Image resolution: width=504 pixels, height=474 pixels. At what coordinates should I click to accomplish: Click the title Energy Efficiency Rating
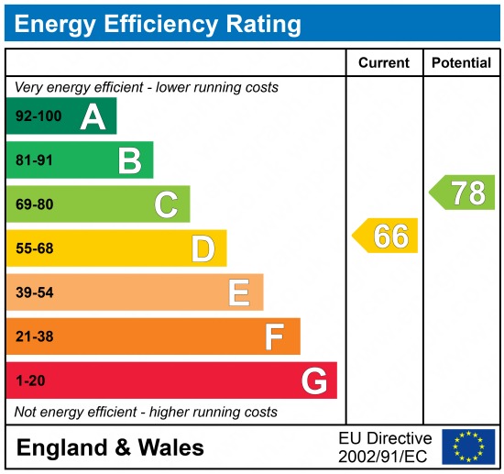pos(158,23)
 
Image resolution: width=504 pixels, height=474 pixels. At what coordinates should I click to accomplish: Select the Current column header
pos(383,63)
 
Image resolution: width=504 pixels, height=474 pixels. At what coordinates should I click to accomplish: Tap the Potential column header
pos(461,63)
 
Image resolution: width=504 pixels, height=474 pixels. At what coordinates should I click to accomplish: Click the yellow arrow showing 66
pos(386,236)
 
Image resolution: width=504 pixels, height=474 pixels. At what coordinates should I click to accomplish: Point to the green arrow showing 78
pos(463,193)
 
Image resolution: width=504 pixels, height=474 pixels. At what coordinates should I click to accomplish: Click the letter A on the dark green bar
pos(93,116)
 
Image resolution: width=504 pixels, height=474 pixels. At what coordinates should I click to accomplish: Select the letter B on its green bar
pos(129,160)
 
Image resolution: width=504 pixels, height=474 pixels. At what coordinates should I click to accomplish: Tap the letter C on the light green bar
pos(166,204)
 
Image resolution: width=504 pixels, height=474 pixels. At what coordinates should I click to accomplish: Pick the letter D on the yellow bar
pos(203,248)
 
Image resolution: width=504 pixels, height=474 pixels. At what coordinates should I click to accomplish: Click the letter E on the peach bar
pos(239,292)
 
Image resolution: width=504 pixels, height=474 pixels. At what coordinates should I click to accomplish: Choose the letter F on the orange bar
pos(275,336)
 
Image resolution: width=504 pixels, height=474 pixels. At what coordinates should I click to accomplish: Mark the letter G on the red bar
pos(313,380)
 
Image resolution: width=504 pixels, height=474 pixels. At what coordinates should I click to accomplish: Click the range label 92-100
pos(37,116)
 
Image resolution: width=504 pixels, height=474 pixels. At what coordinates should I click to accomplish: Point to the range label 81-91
pos(34,160)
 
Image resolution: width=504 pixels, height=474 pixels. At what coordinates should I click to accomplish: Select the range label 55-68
pos(34,248)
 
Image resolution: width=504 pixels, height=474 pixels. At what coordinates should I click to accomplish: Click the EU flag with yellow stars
pos(467,446)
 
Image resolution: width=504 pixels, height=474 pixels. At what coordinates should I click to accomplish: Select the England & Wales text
pos(111,447)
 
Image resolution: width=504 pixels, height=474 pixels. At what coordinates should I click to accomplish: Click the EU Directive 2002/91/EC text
pos(384,446)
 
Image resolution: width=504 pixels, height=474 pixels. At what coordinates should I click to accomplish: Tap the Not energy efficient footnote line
pos(146,412)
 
